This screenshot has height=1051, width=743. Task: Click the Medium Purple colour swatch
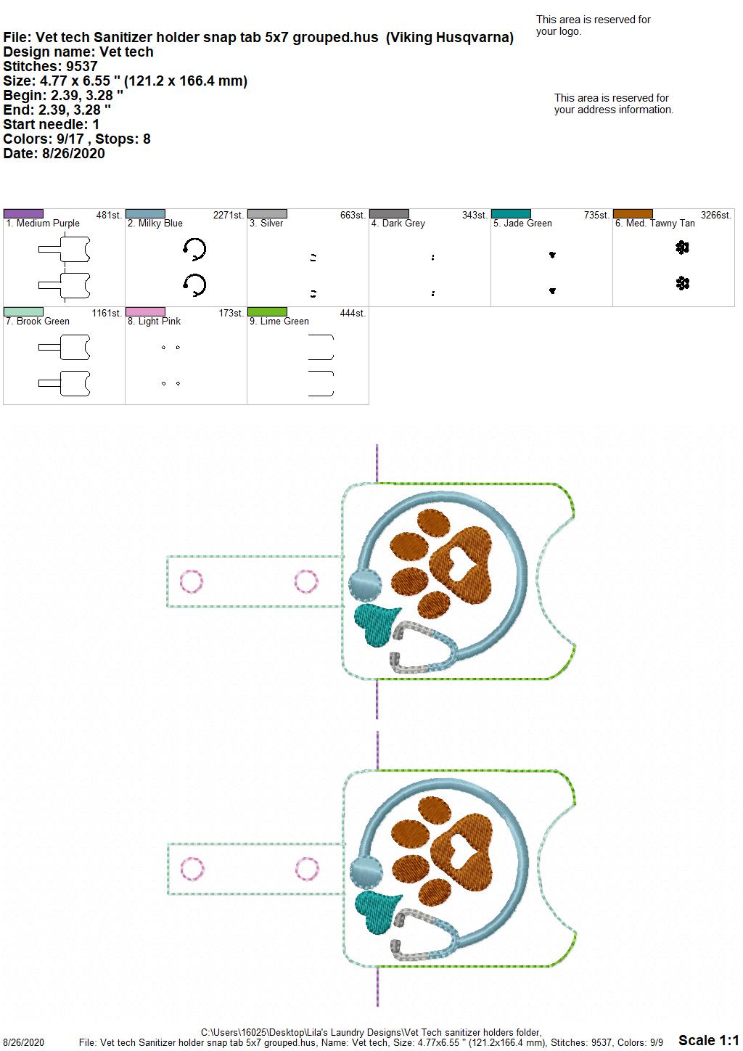click(x=23, y=214)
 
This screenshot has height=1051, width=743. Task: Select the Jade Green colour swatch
click(x=511, y=214)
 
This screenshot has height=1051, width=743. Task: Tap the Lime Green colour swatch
click(x=267, y=312)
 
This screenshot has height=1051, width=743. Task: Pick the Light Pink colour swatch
click(x=145, y=312)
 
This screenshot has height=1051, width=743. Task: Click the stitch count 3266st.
click(x=716, y=215)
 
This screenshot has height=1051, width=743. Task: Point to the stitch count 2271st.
click(x=228, y=215)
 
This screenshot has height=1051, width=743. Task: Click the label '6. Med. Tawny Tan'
click(x=654, y=224)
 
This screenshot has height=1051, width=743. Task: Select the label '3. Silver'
click(x=266, y=224)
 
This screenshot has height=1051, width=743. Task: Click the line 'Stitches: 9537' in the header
click(x=50, y=66)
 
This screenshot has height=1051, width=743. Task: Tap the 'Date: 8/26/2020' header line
click(x=54, y=153)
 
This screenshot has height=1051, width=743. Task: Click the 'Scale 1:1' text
click(x=708, y=1039)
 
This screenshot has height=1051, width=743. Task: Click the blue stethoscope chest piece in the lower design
click(x=366, y=872)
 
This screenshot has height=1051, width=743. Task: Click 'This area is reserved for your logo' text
click(x=593, y=25)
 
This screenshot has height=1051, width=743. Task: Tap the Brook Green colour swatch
click(x=23, y=312)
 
